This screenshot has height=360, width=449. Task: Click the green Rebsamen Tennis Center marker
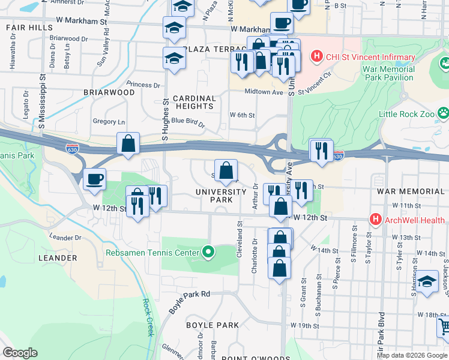208,252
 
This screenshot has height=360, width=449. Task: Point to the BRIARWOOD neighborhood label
110,92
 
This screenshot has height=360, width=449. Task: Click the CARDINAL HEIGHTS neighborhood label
194,102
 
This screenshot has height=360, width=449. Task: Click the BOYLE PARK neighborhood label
212,325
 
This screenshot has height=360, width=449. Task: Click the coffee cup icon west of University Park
94,179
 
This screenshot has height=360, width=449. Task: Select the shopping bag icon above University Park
226,171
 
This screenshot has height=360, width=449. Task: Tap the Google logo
20,353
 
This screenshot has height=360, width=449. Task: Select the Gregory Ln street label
109,121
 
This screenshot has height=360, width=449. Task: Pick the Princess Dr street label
143,85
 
